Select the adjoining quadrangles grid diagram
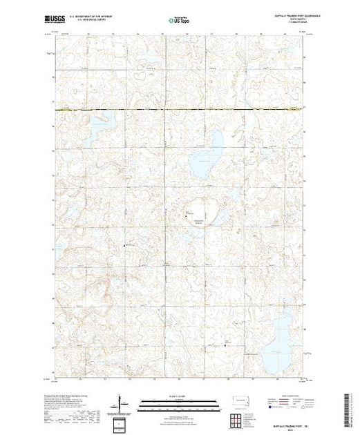(x=238, y=418)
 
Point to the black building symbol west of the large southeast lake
(x=229, y=344)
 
